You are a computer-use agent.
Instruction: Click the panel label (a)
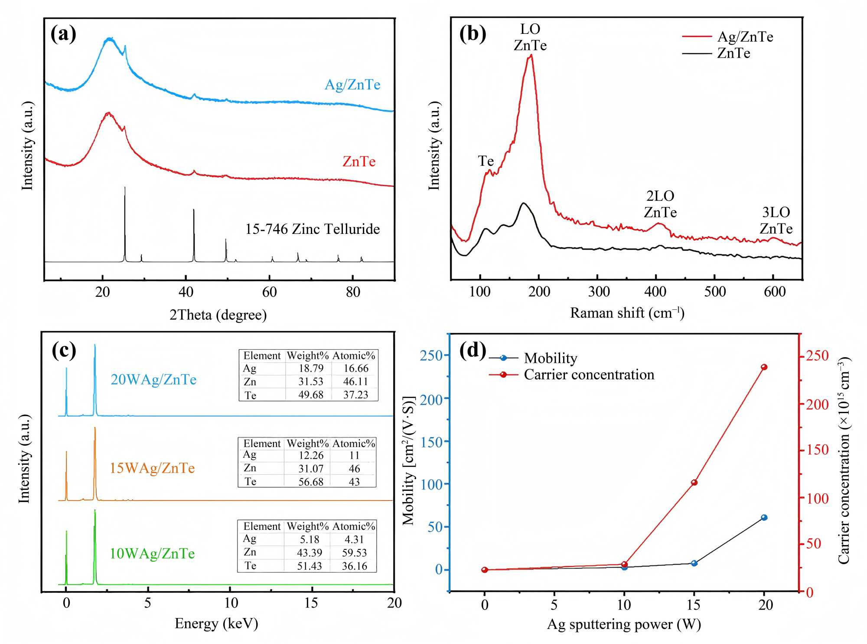click(63, 34)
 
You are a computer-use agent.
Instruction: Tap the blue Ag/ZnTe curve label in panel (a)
click(352, 84)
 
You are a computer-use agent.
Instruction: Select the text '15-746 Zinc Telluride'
click(312, 229)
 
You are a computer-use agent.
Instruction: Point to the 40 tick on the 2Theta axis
click(186, 292)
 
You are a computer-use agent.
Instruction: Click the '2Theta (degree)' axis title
click(218, 315)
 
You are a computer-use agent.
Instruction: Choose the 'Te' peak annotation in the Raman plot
click(486, 161)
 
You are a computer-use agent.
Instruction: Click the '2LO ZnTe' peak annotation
click(660, 204)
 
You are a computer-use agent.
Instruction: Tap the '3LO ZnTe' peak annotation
click(776, 220)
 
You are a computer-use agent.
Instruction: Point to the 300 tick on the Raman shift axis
click(599, 292)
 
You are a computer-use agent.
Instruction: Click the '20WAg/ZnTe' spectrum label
click(153, 380)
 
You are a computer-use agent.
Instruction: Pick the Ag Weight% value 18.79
click(311, 368)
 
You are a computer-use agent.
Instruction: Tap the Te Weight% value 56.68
click(311, 482)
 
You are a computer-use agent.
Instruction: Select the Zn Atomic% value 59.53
click(354, 553)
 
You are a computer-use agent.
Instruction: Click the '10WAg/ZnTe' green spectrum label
click(152, 554)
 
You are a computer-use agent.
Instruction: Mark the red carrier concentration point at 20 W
click(764, 367)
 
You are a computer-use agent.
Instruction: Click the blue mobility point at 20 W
click(764, 517)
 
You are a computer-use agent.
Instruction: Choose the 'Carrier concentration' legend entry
click(589, 375)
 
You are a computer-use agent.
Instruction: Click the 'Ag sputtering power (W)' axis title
click(624, 624)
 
